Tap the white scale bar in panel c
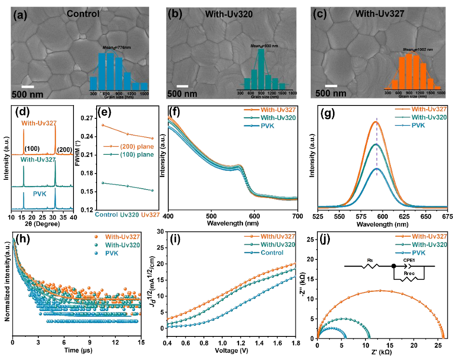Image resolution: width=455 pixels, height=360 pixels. [331, 85]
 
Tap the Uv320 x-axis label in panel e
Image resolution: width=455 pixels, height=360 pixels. [130, 215]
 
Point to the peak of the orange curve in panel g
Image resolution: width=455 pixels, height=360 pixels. [377, 121]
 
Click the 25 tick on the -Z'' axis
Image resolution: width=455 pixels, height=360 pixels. [310, 239]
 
